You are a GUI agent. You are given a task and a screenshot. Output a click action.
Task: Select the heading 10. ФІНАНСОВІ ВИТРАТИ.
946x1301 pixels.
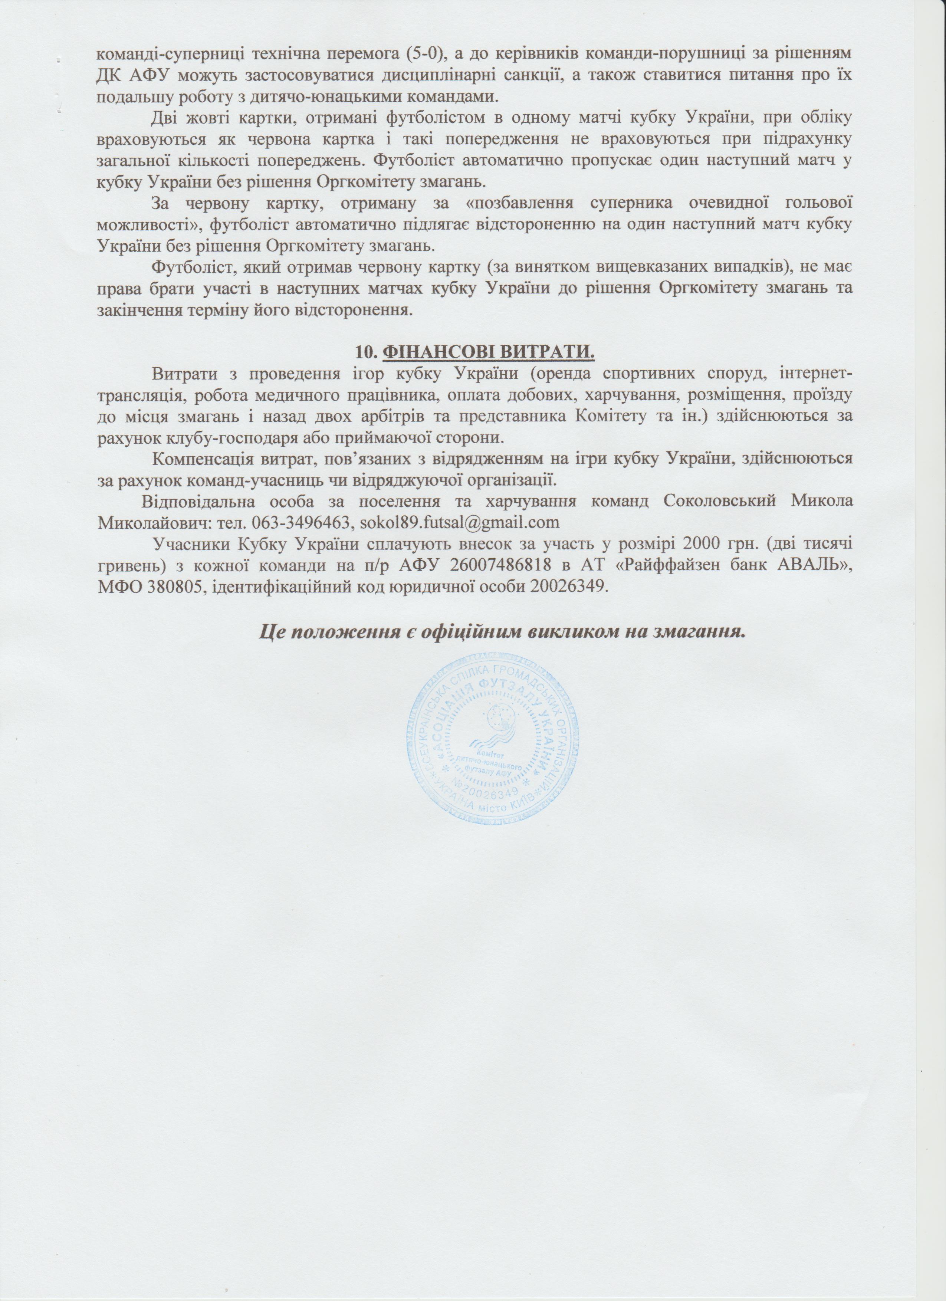pyautogui.click(x=473, y=351)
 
